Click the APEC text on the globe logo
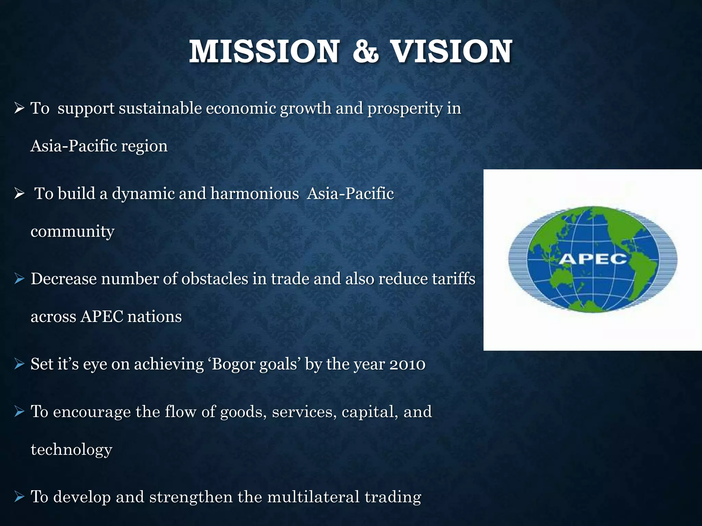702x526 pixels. pyautogui.click(x=593, y=259)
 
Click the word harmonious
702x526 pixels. pyautogui.click(x=255, y=193)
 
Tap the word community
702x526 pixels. pyautogui.click(x=72, y=232)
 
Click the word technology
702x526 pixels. pyautogui.click(x=71, y=450)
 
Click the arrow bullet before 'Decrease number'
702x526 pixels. pyautogui.click(x=19, y=279)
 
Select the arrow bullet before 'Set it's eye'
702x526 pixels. pyautogui.click(x=19, y=364)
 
